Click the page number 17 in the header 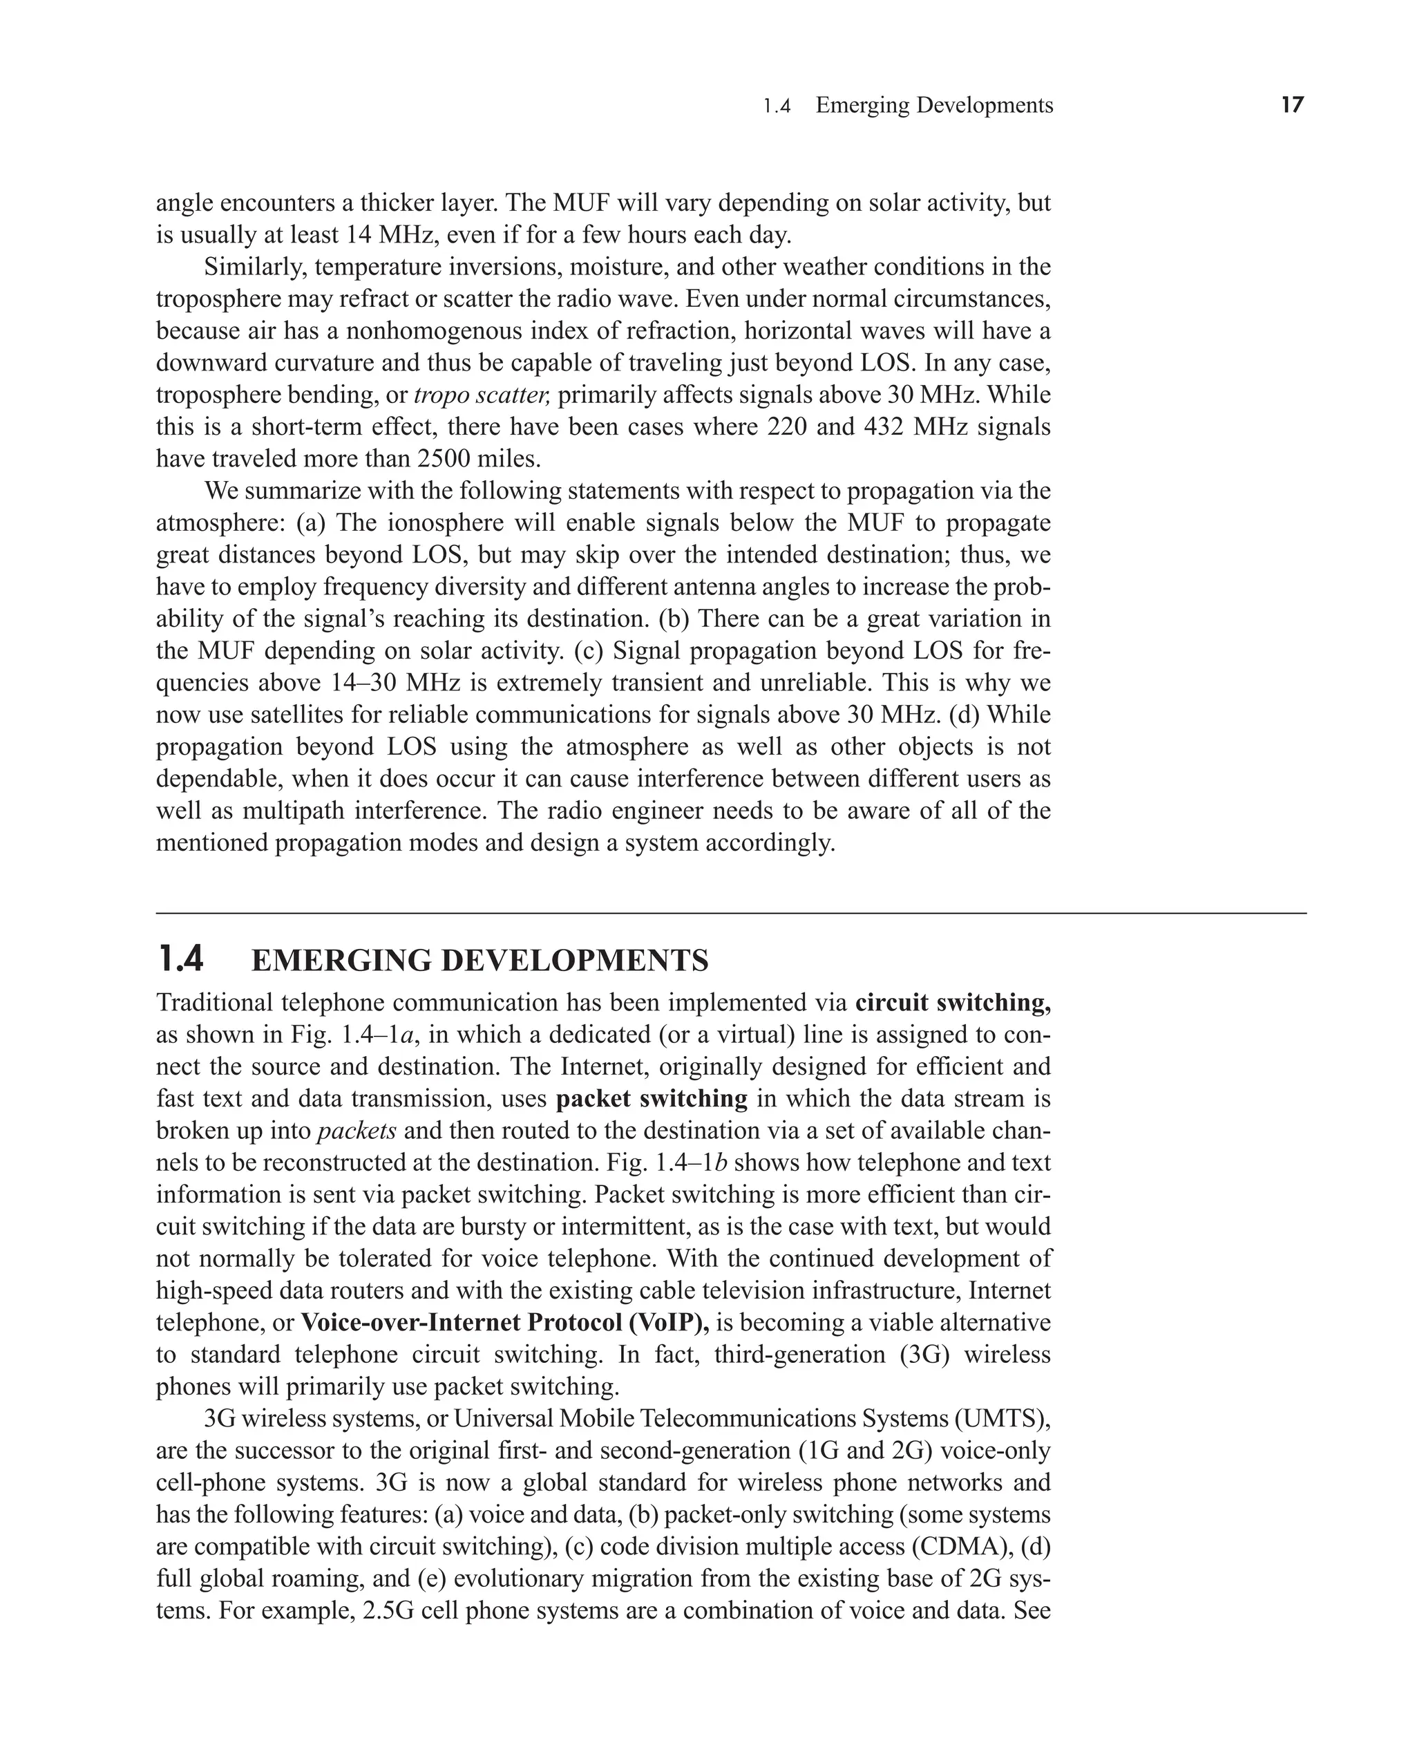pyautogui.click(x=1292, y=105)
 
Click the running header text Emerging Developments pyautogui.click(x=934, y=105)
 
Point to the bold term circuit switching pyautogui.click(x=952, y=1003)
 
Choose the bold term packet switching pyautogui.click(x=652, y=1099)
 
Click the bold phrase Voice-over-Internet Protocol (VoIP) pyautogui.click(x=504, y=1322)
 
